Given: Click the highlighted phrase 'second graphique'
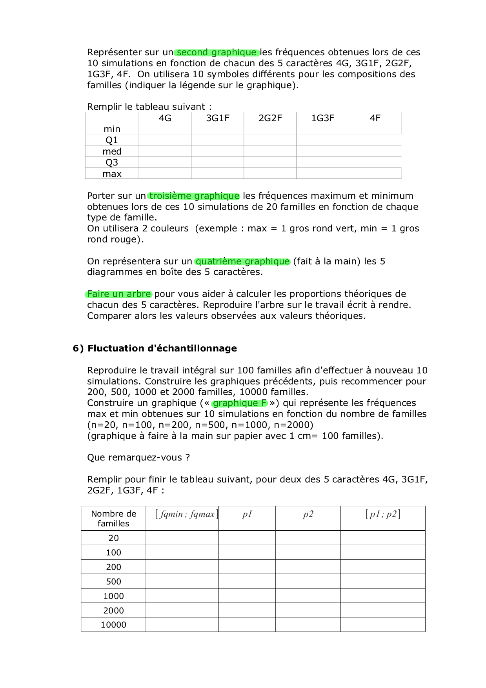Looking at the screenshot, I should point(217,53).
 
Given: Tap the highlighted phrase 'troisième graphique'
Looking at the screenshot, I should point(194,196).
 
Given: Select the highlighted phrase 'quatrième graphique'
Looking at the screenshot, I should point(242,262).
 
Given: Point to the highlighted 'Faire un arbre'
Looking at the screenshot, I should point(119,294).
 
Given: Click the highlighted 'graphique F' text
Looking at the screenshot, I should point(240,403).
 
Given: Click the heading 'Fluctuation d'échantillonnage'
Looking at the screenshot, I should point(162,348).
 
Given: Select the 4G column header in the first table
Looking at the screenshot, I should point(165,118).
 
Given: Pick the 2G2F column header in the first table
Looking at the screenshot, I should point(270,118).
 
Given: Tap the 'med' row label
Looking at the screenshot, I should point(112,151).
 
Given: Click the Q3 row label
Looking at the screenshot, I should point(112,162).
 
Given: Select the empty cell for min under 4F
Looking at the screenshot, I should point(375,129).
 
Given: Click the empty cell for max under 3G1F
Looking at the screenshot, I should point(217,173).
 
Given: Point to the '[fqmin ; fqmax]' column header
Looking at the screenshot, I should point(186,514).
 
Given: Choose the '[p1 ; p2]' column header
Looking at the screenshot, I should point(383,514).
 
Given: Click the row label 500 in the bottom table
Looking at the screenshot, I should point(114,582).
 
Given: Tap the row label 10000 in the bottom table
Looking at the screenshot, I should point(114,625).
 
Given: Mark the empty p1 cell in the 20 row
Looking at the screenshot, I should point(247,538).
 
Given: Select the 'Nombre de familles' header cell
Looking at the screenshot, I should point(114,519).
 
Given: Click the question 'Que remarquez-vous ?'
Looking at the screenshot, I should point(138,458).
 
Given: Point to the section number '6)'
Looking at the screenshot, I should point(78,348).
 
